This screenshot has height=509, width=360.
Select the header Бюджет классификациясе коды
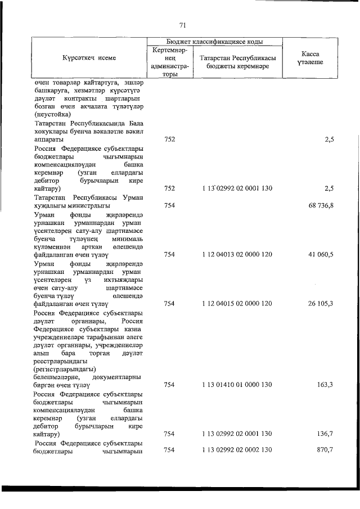click(x=215, y=41)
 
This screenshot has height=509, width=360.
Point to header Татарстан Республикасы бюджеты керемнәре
click(x=237, y=62)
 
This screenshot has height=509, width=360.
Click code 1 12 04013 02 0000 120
click(x=237, y=255)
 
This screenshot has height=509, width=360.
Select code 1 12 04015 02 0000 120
click(x=237, y=304)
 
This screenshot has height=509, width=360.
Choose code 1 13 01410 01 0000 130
click(x=237, y=385)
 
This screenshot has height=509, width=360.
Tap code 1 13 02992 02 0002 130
click(x=237, y=450)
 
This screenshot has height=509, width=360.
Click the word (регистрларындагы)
click(x=65, y=368)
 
